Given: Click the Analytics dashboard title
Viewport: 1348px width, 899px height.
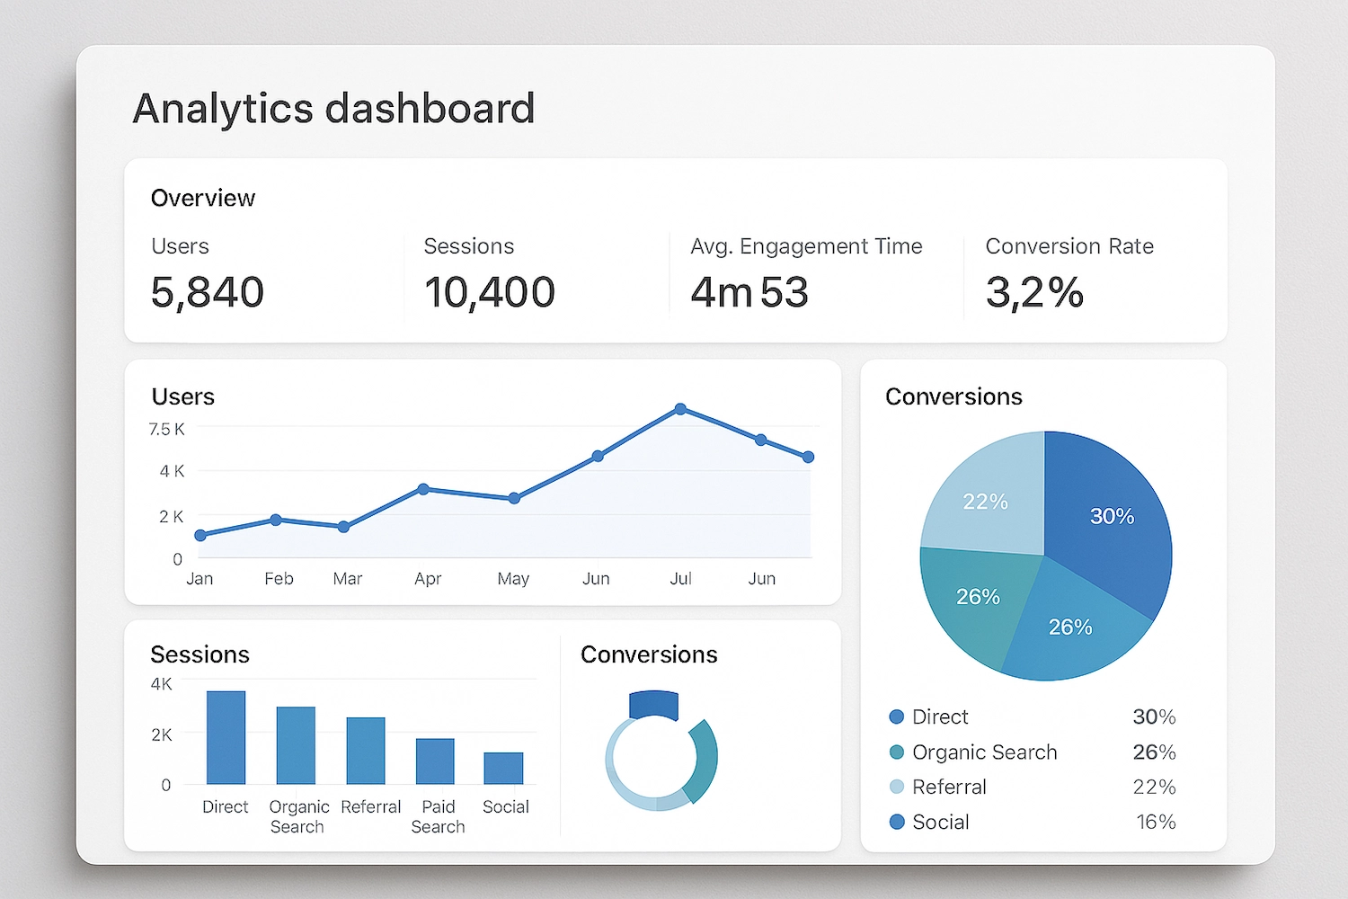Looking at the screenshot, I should pos(333,109).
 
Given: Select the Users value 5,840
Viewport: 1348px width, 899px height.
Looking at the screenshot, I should pos(207,292).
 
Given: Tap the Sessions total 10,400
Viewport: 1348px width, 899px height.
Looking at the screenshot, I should pos(489,292).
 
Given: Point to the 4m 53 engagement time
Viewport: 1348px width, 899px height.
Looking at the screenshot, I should pos(749,292).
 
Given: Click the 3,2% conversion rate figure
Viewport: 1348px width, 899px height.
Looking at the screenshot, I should pos(1034,292).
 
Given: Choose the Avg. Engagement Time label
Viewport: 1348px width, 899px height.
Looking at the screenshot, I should pos(805,246).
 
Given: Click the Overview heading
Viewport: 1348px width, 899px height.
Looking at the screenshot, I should pos(203,198).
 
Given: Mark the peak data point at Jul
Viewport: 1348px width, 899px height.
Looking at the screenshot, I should pos(680,409).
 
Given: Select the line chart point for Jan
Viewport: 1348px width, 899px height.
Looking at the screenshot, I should pos(200,535).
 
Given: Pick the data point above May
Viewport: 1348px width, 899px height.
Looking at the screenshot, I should pos(514,498).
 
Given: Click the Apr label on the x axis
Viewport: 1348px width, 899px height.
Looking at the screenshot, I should pos(428,579).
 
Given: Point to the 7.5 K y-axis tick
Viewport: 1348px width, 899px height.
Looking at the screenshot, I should pos(167,430).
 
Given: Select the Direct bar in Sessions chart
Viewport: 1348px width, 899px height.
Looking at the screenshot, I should pos(226,737).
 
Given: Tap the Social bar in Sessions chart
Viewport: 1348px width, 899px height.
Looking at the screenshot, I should pos(503,768).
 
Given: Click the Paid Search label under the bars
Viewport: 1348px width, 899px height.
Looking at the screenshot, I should pos(438,816).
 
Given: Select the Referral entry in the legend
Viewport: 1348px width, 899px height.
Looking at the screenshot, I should pos(949,787).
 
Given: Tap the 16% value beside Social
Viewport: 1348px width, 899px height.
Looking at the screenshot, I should pos(1156,822).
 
